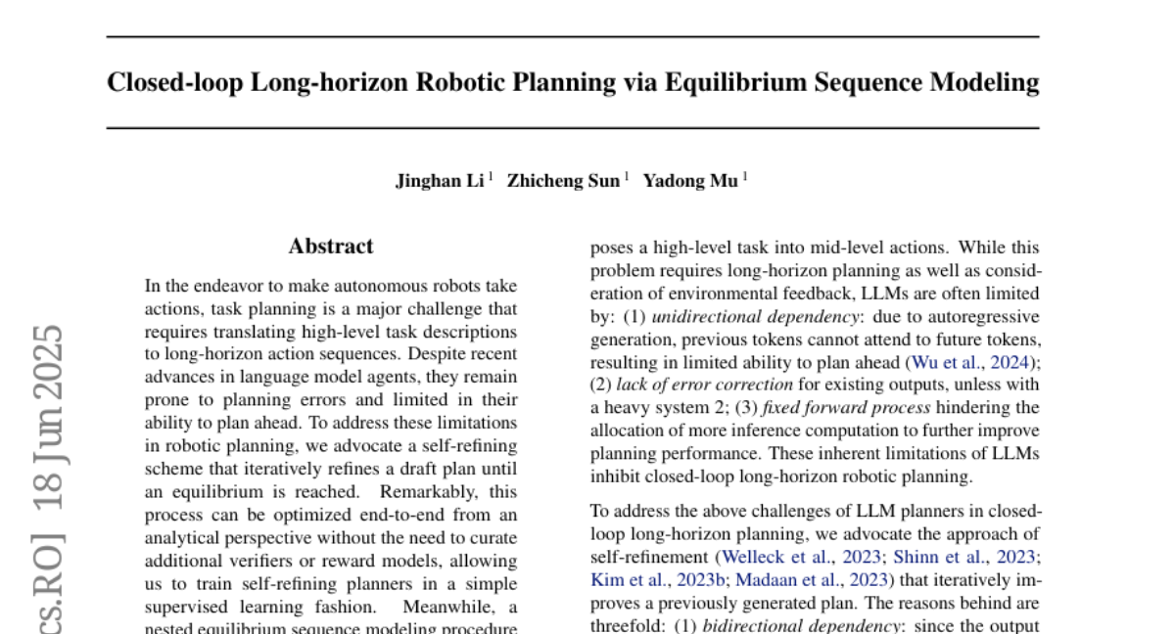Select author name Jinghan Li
440,181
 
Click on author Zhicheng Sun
562,181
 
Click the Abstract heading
331,247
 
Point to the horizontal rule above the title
573,37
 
